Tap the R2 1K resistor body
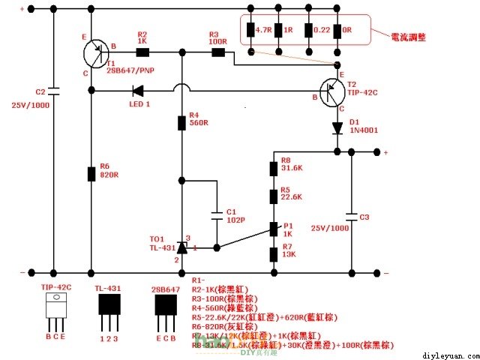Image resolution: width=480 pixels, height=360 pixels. [x=142, y=52]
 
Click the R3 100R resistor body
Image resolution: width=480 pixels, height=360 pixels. [x=218, y=52]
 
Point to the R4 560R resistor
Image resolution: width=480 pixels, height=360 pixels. [x=181, y=123]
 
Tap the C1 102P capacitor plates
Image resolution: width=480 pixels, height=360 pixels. [x=217, y=214]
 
